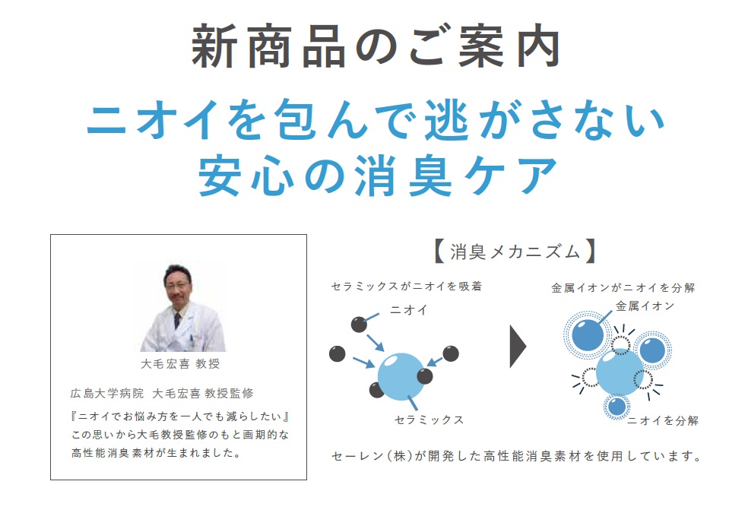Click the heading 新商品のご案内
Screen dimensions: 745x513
376,46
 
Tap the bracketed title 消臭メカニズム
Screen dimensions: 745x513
515,252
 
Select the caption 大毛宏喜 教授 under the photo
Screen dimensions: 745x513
181,364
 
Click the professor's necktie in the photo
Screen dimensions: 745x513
177,320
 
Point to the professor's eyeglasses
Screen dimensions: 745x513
176,285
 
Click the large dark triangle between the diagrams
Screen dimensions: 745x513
518,347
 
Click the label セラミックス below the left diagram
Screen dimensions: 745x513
429,420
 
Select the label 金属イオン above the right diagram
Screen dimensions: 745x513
645,306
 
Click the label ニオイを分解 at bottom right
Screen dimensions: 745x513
663,420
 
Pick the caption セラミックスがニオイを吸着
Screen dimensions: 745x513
407,286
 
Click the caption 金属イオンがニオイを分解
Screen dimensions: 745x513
623,287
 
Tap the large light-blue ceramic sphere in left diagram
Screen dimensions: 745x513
401,377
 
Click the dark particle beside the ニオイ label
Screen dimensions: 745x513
359,325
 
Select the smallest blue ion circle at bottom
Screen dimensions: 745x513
617,407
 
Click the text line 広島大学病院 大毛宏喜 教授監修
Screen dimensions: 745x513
162,394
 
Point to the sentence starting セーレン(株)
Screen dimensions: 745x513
517,456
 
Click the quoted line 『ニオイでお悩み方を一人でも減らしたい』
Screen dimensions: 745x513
180,416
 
